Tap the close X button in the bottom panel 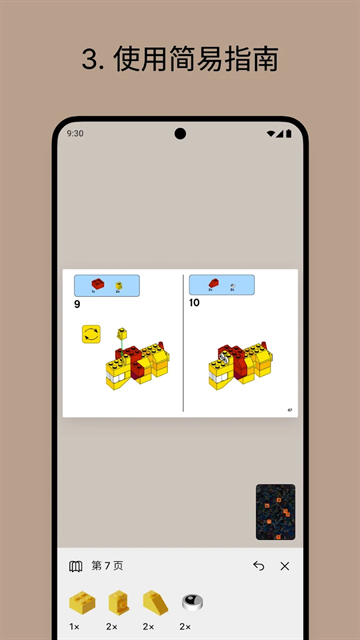coord(285,566)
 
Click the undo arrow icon coord(259,566)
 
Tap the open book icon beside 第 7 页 coord(76,566)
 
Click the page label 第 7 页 coord(106,566)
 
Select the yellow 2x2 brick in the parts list coord(80,602)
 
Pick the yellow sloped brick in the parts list coord(155,602)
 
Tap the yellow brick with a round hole coord(118,602)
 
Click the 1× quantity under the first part coord(75,626)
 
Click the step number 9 coord(77,304)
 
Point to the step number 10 coord(194,302)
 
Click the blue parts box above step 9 coord(107,286)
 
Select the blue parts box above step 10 coord(222,285)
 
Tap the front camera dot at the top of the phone coord(180,133)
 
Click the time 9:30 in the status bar coord(75,133)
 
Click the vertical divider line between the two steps coord(183,343)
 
